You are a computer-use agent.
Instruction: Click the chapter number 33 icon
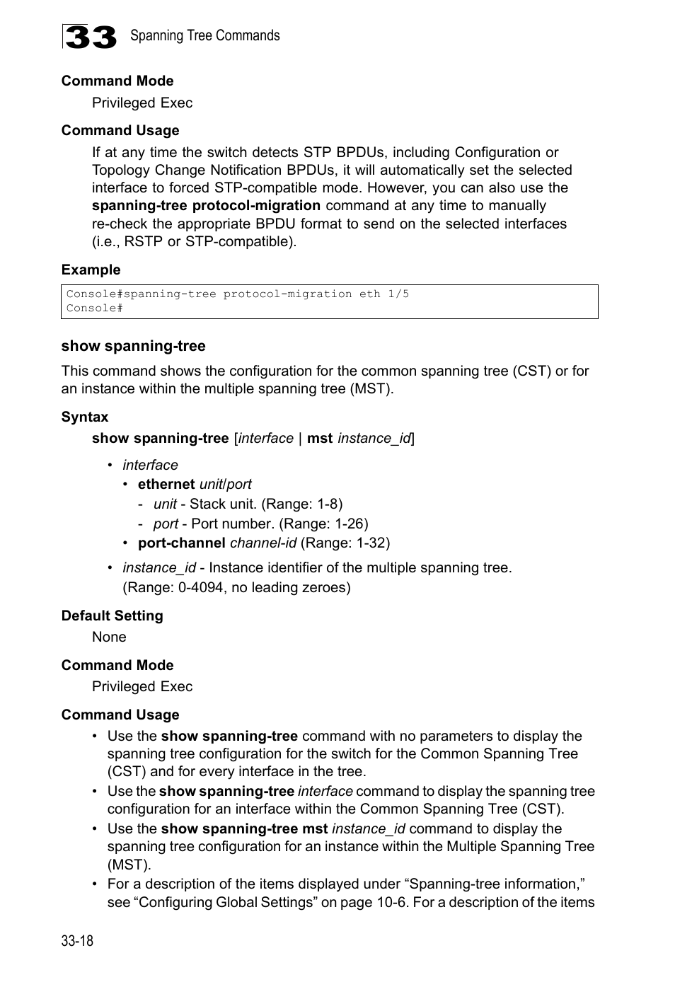[x=89, y=37]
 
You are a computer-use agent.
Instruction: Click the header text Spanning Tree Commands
[x=204, y=35]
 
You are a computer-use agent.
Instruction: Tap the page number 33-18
[x=77, y=940]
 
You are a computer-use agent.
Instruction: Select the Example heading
[x=91, y=270]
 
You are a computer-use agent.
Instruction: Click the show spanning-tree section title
[x=133, y=346]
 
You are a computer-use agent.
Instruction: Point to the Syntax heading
[x=85, y=417]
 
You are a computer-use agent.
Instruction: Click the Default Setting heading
[x=112, y=616]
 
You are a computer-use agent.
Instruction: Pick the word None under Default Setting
[x=109, y=637]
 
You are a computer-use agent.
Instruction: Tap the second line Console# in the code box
[x=94, y=308]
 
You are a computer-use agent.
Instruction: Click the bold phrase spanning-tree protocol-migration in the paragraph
[x=206, y=206]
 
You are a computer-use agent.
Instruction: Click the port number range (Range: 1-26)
[x=323, y=524]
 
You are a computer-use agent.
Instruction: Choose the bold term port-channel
[x=182, y=543]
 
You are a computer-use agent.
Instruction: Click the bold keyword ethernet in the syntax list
[x=166, y=484]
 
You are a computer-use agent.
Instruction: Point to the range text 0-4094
[x=195, y=587]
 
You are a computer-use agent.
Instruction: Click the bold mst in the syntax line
[x=319, y=438]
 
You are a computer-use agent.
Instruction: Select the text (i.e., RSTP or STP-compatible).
[x=195, y=241]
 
